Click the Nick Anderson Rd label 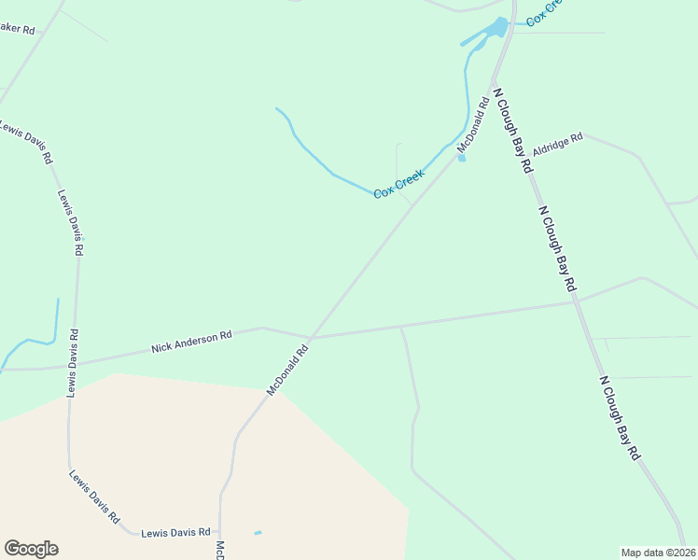(x=191, y=342)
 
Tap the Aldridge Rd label (x=557, y=143)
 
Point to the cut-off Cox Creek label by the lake (x=543, y=13)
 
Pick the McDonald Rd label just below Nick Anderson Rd (x=287, y=371)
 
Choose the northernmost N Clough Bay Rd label (x=512, y=131)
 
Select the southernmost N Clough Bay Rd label (x=620, y=417)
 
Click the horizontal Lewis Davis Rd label (x=175, y=533)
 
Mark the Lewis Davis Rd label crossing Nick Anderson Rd (x=72, y=363)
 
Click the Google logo (x=31, y=549)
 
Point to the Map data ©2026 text (x=658, y=553)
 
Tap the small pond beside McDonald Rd (x=461, y=158)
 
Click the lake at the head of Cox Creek (x=500, y=28)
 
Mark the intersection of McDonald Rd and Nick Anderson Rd (x=310, y=338)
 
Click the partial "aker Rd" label (x=17, y=29)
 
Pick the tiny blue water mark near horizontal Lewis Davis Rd (x=258, y=533)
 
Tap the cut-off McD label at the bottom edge (x=220, y=551)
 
